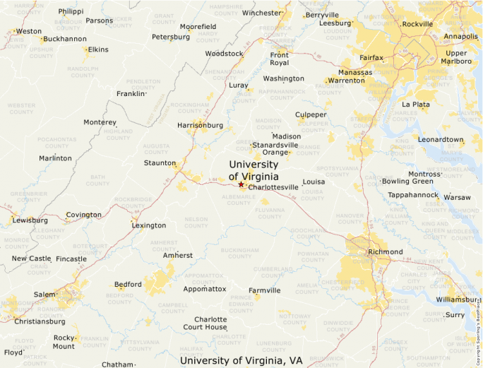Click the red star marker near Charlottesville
(241, 184)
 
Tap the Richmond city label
(385, 252)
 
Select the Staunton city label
(160, 163)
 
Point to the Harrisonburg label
(200, 125)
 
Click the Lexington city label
(149, 225)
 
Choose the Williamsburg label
(456, 299)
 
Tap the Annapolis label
(460, 36)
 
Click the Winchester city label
(261, 13)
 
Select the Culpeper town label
(311, 114)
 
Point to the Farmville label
(264, 290)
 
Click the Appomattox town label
(204, 289)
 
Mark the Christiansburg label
(40, 321)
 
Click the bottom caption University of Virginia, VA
(241, 360)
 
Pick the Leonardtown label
(441, 140)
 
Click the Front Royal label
(280, 59)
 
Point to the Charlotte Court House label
(205, 323)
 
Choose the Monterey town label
(100, 122)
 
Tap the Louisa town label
(314, 182)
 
